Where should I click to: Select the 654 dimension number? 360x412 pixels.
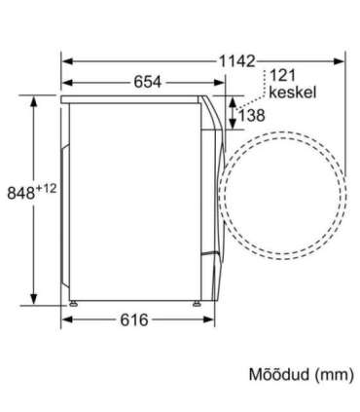click(147, 84)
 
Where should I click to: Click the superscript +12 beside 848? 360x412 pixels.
click(51, 185)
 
